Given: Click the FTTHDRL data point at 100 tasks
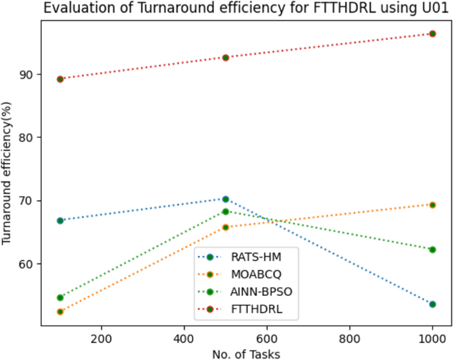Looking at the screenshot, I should [60, 79].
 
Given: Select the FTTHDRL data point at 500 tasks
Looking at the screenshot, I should [226, 58].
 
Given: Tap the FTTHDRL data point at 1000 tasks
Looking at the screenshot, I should [432, 34].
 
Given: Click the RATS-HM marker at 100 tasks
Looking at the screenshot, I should [60, 220].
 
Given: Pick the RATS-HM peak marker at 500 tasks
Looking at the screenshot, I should [226, 199].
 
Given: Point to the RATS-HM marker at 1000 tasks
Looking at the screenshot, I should [432, 304].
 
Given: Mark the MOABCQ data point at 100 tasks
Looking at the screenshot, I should [60, 312].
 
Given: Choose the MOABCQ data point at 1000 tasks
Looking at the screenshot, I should [432, 205].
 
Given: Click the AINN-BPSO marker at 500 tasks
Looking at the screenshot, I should [226, 212].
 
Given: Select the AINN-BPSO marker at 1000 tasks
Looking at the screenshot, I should [432, 249].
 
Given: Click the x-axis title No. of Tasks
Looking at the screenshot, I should [246, 354].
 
